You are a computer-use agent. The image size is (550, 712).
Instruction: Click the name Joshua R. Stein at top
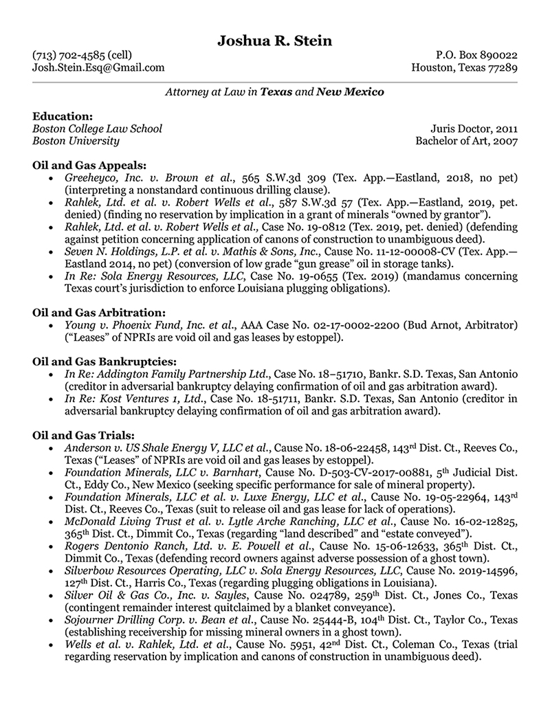click(274, 41)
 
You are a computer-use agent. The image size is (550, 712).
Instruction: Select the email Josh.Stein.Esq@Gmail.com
click(98, 67)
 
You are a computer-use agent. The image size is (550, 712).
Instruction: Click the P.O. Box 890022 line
click(476, 55)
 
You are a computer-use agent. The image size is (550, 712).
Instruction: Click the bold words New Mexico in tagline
click(350, 91)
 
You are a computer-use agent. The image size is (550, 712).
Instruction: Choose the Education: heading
click(63, 116)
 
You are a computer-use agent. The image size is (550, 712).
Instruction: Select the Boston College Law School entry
click(98, 129)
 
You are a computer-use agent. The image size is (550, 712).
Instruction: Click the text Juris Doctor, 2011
click(474, 129)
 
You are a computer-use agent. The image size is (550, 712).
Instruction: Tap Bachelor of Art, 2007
click(466, 141)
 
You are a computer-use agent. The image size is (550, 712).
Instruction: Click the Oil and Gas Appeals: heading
click(89, 165)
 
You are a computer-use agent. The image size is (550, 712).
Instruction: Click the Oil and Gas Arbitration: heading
click(99, 313)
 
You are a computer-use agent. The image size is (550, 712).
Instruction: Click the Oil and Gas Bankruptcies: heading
click(104, 361)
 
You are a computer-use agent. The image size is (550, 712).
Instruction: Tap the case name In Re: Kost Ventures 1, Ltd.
click(135, 399)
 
